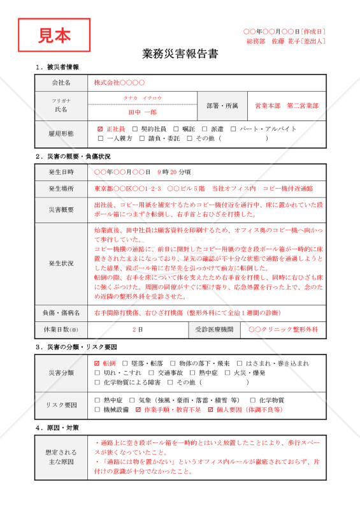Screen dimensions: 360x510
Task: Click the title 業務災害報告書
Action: pos(180,54)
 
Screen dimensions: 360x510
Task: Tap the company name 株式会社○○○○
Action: pos(119,83)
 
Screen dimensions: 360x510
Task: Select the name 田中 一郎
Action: pos(143,112)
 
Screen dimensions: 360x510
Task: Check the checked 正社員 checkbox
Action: pos(99,129)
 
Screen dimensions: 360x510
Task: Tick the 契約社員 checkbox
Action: pos(134,129)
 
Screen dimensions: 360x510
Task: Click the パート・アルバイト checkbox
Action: pos(233,129)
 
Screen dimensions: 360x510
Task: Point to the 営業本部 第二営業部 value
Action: pos(286,105)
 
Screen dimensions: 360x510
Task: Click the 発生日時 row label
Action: pos(61,172)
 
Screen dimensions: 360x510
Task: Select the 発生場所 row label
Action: pos(61,189)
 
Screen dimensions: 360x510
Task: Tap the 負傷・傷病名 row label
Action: pos(61,313)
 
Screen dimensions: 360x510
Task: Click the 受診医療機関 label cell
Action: pos(212,330)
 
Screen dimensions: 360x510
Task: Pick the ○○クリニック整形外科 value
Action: pos(282,330)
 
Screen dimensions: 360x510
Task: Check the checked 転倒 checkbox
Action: pos(97,363)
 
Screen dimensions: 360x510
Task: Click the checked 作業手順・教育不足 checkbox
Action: pos(138,409)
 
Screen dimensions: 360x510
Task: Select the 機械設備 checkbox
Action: pos(97,409)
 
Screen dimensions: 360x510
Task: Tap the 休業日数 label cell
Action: pos(61,330)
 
